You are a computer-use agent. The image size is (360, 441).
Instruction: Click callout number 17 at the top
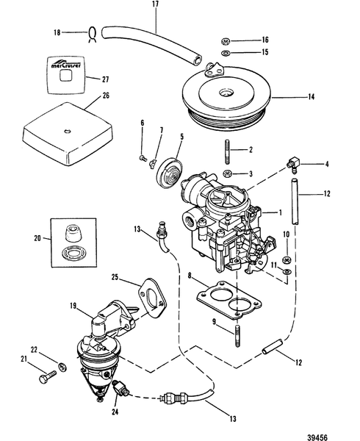point(155,6)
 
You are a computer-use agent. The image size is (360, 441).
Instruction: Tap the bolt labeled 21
point(45,381)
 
